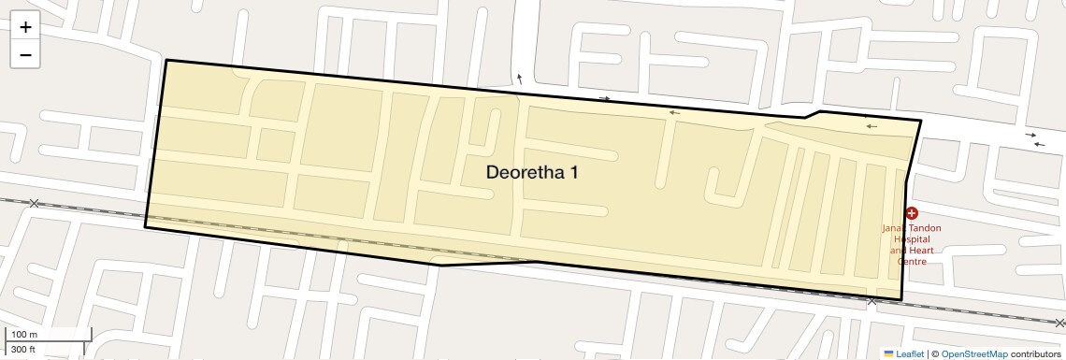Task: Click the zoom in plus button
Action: [25, 27]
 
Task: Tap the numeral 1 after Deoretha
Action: [586, 173]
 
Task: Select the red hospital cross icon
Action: [912, 213]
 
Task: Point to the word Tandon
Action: [925, 228]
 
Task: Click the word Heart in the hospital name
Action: [920, 251]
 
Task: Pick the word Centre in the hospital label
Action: [912, 262]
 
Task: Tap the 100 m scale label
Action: [24, 334]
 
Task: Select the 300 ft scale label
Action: [23, 349]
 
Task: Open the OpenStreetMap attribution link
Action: [973, 353]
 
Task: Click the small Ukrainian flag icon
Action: [888, 353]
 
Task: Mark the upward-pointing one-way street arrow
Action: [519, 79]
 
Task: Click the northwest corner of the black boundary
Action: [166, 61]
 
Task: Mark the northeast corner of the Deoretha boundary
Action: [921, 121]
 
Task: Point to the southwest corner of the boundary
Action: [145, 227]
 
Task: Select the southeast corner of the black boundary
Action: [900, 300]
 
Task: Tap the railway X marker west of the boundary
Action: [35, 203]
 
